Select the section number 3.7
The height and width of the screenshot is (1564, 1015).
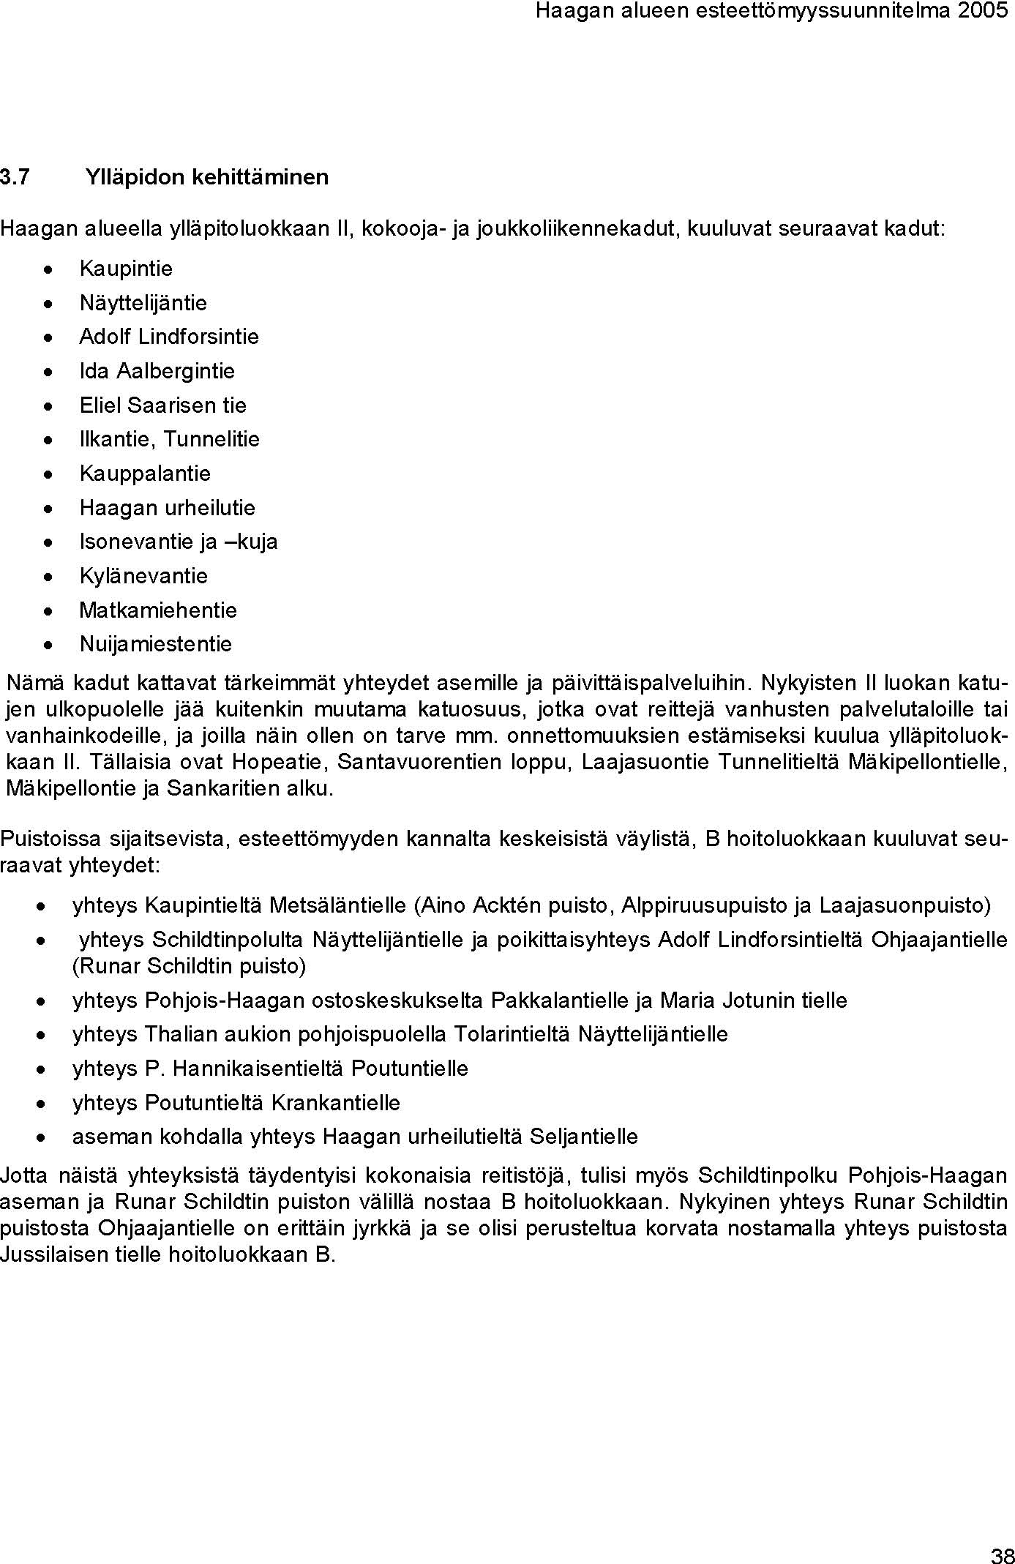[x=15, y=177]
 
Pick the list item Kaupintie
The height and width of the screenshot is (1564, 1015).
[x=126, y=269]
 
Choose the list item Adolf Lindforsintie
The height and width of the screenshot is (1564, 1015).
[x=169, y=337]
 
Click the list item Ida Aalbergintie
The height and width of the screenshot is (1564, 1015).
[x=157, y=371]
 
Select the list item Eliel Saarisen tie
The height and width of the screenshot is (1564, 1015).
[x=162, y=405]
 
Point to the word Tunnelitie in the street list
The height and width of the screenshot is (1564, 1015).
[x=211, y=439]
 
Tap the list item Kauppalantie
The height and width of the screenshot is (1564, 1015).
[x=145, y=474]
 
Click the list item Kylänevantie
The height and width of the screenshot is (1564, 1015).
[x=143, y=576]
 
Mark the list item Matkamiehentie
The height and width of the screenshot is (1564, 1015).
[x=158, y=610]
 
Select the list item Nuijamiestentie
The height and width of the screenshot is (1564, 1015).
[x=155, y=644]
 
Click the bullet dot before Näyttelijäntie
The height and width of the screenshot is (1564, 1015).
[x=48, y=304]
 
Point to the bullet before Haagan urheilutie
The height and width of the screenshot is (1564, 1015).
[x=48, y=509]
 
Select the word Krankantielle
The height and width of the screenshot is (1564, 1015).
[x=336, y=1103]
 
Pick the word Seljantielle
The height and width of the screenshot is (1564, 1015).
[x=583, y=1137]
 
